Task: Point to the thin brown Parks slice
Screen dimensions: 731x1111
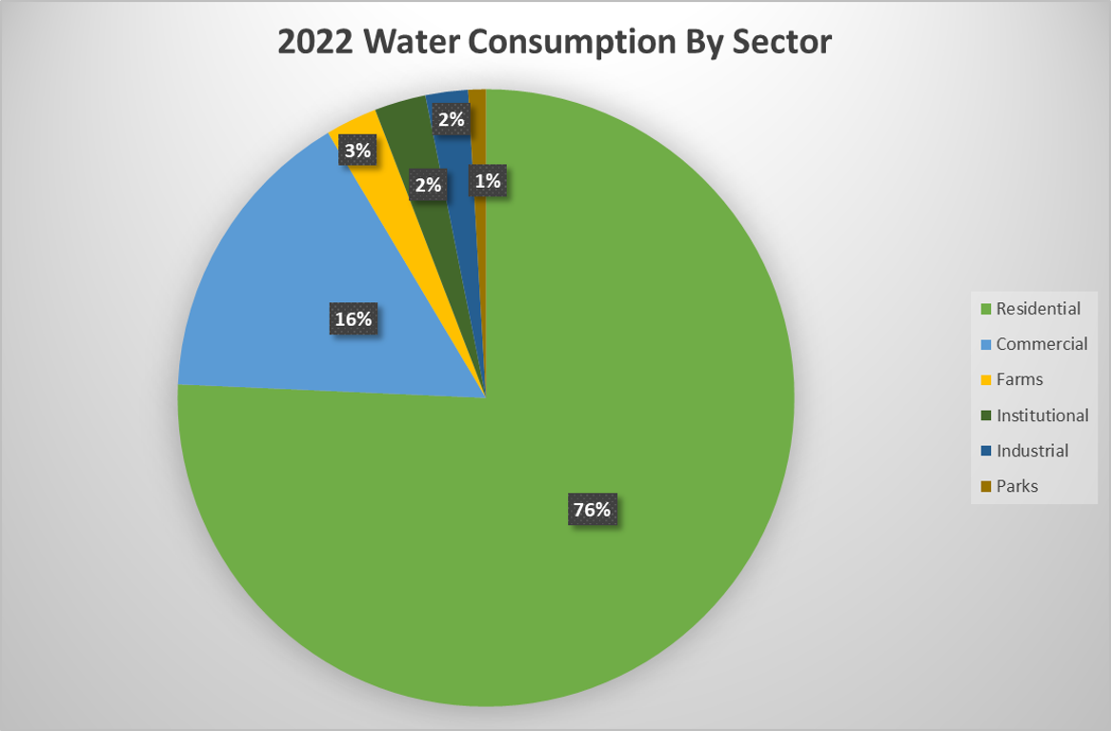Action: [479, 133]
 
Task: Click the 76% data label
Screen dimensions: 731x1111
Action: [591, 510]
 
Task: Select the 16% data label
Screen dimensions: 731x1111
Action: [353, 319]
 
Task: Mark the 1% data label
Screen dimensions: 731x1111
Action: [487, 182]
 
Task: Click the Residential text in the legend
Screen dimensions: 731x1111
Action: [1038, 309]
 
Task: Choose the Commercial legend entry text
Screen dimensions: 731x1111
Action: [1040, 344]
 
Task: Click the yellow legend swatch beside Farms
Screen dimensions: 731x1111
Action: [984, 380]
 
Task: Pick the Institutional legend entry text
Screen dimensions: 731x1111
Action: [1041, 416]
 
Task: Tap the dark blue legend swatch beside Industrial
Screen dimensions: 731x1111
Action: [984, 452]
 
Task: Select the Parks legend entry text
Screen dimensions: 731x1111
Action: [1017, 486]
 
